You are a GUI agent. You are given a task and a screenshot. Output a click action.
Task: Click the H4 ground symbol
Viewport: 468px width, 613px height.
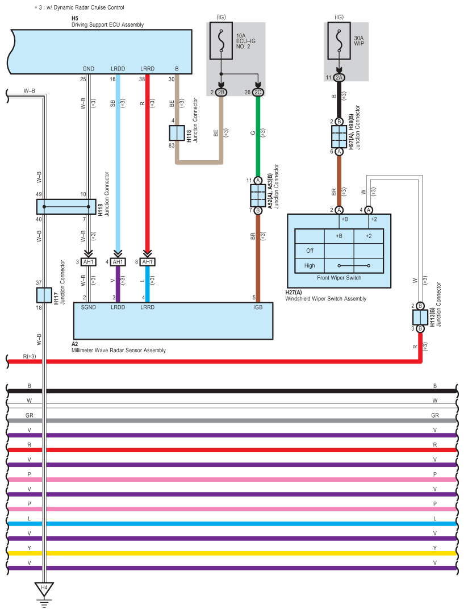(43, 587)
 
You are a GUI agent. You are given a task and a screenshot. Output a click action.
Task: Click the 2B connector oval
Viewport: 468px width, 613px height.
(221, 91)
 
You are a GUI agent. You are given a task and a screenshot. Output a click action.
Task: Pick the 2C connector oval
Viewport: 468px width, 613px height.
(258, 91)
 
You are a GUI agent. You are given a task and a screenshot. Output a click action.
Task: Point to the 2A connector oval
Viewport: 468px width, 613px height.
(339, 77)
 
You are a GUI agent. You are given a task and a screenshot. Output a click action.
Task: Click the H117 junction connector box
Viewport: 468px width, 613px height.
(44, 295)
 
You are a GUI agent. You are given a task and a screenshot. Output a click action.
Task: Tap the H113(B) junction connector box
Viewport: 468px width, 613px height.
(420, 316)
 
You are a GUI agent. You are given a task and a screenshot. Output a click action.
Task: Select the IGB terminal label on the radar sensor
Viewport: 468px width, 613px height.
(258, 307)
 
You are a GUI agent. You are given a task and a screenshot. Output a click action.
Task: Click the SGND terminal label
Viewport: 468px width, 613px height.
(88, 307)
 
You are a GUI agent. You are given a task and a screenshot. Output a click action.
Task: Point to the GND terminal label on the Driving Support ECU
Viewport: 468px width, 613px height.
(88, 69)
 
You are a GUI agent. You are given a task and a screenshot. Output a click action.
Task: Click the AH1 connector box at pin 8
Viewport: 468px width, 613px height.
(147, 262)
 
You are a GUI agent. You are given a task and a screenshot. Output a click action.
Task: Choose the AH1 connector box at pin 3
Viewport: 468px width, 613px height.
(89, 262)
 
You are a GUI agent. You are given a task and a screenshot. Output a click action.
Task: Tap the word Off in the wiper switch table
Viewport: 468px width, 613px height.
(310, 251)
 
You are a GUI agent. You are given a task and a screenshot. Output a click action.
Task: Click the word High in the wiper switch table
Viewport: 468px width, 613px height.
(310, 265)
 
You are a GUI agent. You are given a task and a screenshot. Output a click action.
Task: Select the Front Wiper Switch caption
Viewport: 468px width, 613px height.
(339, 278)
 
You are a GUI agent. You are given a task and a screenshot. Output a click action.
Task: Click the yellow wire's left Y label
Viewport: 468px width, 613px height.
(29, 548)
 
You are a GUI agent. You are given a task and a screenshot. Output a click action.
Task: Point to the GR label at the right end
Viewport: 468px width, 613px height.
(434, 415)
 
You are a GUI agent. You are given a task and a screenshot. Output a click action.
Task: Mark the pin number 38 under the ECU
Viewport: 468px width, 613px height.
(143, 79)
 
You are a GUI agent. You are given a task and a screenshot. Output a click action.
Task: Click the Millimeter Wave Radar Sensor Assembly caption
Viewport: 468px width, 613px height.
(119, 351)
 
